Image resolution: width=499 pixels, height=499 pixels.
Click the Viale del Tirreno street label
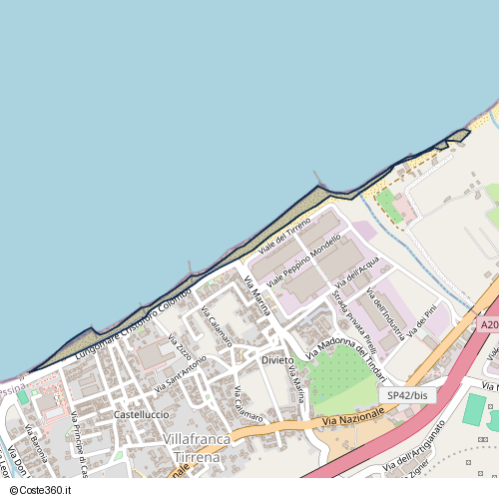285,232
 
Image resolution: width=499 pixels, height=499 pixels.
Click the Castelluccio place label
141,414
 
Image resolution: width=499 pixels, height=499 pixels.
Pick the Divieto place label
277,359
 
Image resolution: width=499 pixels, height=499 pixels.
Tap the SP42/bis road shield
409,396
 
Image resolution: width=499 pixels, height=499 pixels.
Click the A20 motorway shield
488,325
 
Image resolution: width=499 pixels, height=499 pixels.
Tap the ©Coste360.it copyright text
37,490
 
